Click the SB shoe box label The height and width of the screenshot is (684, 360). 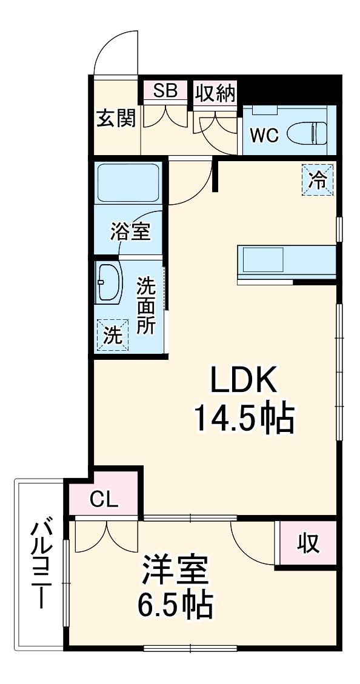pyautogui.click(x=165, y=91)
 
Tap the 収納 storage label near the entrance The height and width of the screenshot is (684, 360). pyautogui.click(x=215, y=93)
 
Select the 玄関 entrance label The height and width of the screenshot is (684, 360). pyautogui.click(x=116, y=118)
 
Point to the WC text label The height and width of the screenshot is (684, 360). pyautogui.click(x=264, y=135)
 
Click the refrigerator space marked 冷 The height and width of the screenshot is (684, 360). pyautogui.click(x=318, y=179)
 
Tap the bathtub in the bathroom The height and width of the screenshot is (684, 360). pyautogui.click(x=128, y=182)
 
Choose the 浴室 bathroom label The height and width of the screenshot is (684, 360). pyautogui.click(x=130, y=231)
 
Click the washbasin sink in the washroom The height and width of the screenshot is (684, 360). pyautogui.click(x=110, y=283)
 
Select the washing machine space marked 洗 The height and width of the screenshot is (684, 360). pyautogui.click(x=112, y=334)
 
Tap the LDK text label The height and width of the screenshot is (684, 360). pyautogui.click(x=244, y=380)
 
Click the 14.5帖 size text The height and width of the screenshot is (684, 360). pyautogui.click(x=244, y=417)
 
